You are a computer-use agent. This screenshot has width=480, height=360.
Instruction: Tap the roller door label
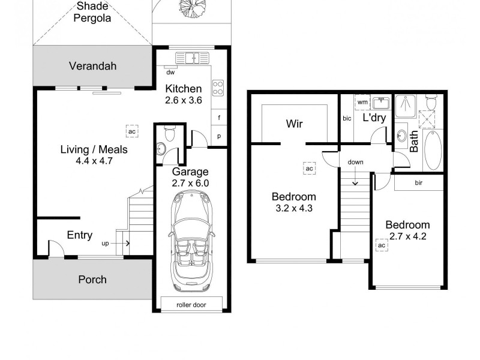191,305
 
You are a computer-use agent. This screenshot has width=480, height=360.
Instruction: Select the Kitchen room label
184,89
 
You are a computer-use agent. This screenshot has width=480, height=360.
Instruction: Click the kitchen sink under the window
191,58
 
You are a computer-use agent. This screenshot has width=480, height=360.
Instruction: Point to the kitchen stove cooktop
218,88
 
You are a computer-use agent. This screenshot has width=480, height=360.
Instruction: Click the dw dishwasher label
170,73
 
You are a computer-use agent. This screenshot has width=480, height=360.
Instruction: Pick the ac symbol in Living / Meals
132,130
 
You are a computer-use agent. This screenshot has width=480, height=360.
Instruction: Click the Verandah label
92,66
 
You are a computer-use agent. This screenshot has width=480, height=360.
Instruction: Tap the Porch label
92,280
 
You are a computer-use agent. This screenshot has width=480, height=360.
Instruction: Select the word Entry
79,235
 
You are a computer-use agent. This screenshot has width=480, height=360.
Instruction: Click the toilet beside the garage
169,133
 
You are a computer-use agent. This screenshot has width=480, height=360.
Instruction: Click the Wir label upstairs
294,124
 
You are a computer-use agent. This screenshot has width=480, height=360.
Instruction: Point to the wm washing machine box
362,103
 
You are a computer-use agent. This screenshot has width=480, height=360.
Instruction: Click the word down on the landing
355,162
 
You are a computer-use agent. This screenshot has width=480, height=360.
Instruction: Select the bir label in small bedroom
418,182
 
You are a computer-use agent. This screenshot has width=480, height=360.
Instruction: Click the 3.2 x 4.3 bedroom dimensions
294,209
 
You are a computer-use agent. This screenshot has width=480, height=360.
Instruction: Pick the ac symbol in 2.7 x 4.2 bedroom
380,245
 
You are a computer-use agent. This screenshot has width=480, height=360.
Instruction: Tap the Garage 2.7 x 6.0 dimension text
191,183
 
